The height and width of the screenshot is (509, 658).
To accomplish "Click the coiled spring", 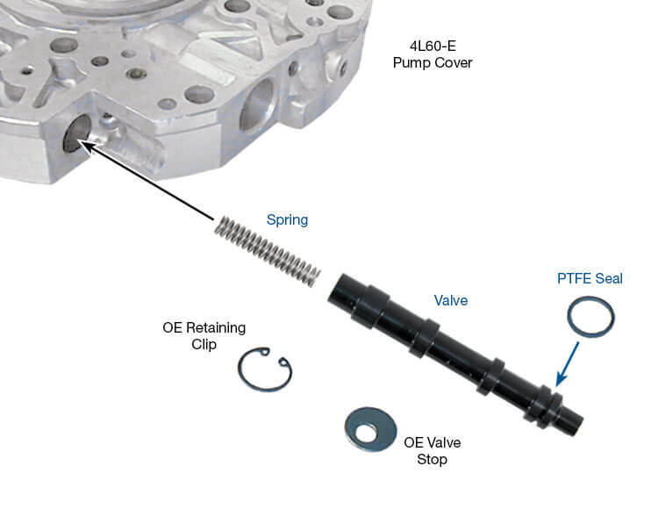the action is click(268, 250).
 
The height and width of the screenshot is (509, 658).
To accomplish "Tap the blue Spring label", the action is click(288, 220).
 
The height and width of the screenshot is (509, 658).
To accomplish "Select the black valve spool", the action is click(455, 355).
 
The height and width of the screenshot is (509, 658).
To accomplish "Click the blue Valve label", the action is click(451, 300).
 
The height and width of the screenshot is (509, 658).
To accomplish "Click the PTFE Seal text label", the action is click(590, 278).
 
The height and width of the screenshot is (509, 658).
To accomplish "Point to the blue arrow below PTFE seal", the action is click(567, 364).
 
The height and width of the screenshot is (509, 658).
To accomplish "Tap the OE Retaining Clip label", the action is click(204, 336).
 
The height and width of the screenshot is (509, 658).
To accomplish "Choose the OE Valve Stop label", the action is click(433, 451).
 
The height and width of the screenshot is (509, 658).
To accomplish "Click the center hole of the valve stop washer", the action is click(367, 432).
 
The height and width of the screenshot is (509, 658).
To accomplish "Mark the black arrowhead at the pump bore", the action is click(86, 147).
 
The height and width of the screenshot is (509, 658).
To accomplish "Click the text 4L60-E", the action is click(433, 46).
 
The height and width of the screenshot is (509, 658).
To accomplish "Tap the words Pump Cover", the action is click(433, 63).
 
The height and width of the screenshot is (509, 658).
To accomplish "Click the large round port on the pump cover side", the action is click(256, 105).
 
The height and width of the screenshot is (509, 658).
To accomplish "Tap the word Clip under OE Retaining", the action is click(204, 345).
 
